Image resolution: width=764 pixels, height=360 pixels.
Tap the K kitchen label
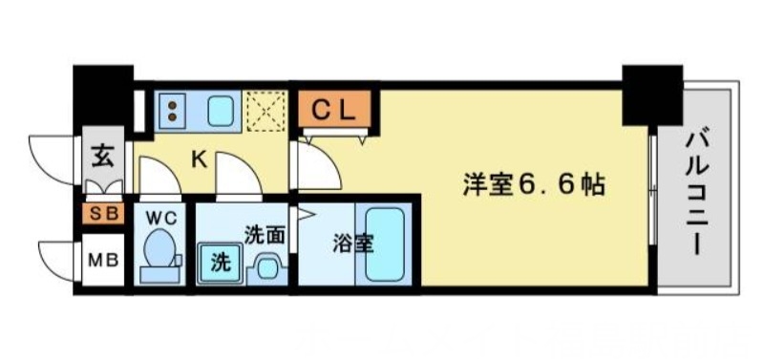click(199, 159)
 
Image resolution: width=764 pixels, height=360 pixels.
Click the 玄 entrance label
click(101, 153)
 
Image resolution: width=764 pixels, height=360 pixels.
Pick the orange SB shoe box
click(103, 213)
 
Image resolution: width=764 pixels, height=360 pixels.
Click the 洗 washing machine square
click(219, 259)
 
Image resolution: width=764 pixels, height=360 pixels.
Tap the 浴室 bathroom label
click(352, 244)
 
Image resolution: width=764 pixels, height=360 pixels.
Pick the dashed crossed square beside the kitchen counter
click(265, 110)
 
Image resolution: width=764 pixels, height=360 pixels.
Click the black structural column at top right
click(653, 93)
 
